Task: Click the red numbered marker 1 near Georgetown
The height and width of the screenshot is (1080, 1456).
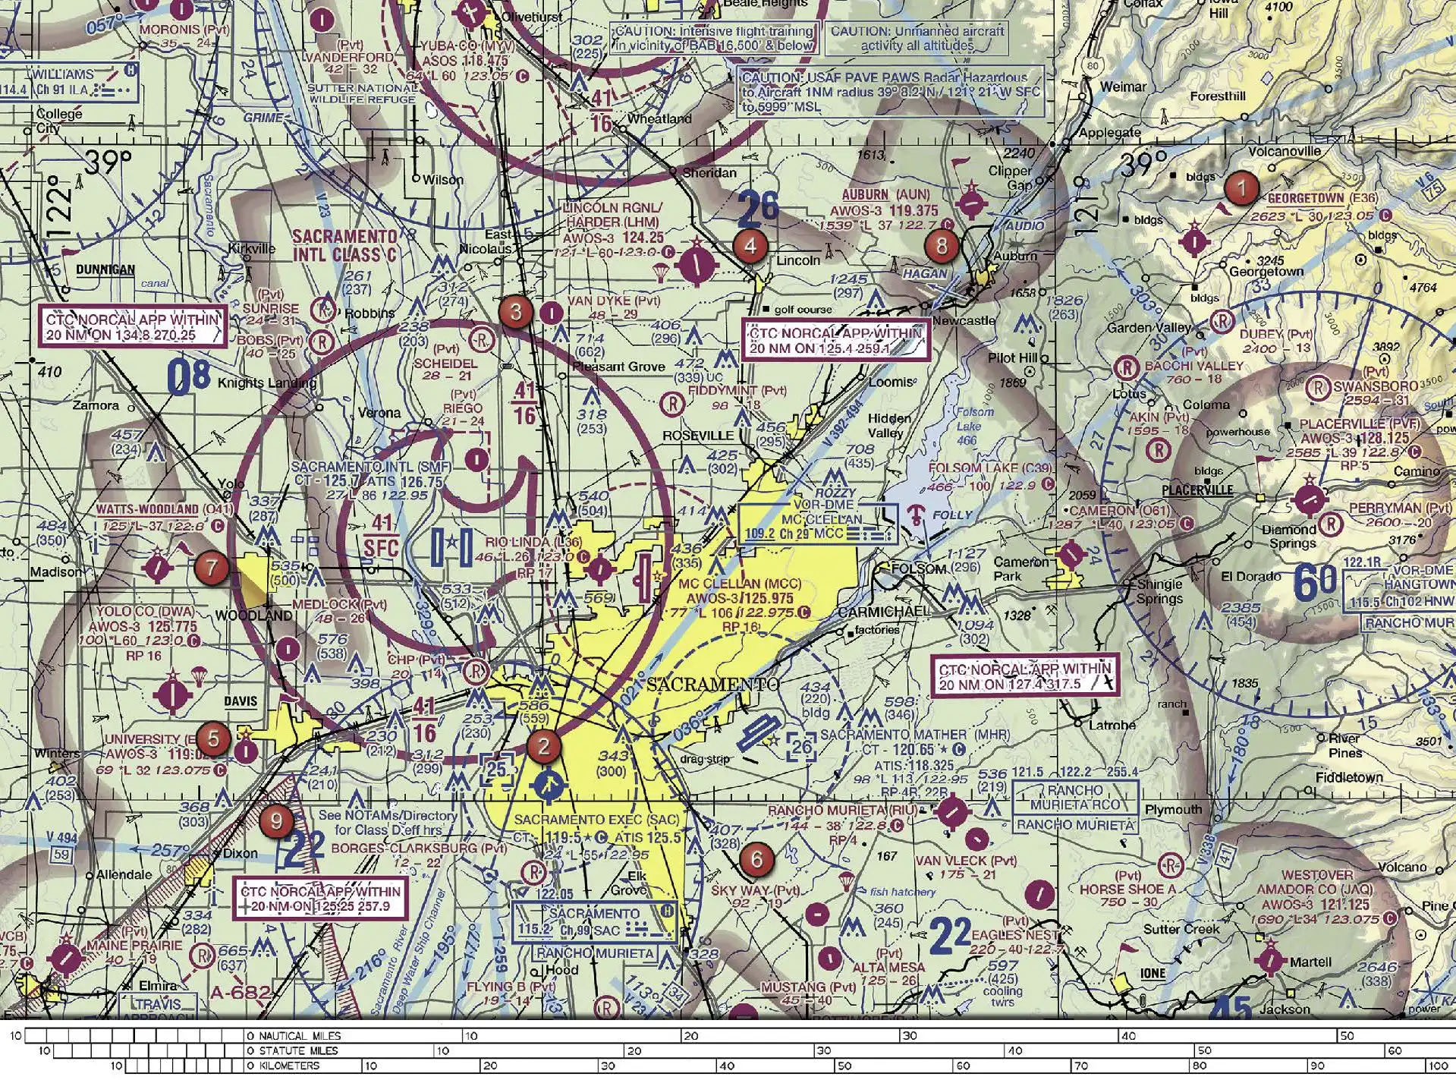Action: tap(1241, 187)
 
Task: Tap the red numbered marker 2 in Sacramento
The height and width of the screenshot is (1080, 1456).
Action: tap(543, 746)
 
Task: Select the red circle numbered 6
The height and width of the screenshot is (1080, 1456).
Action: tap(756, 859)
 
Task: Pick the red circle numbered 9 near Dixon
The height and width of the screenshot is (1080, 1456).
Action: tap(276, 820)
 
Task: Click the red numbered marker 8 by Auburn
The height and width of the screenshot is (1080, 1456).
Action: tap(942, 245)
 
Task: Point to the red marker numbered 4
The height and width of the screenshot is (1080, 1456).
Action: tap(750, 246)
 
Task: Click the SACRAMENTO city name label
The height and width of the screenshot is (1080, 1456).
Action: tap(712, 685)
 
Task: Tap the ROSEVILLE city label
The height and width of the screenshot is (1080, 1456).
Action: tap(698, 436)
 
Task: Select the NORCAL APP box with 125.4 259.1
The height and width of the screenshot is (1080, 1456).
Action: tap(835, 341)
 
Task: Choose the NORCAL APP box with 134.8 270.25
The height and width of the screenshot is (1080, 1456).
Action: tap(132, 327)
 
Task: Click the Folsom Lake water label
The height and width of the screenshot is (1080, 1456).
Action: tap(967, 426)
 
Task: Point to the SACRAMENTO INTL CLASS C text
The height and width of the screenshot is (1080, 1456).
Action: tap(344, 246)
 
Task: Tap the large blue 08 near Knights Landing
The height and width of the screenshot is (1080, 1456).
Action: tap(187, 378)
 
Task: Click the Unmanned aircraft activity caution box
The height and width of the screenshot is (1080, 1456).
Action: tap(917, 39)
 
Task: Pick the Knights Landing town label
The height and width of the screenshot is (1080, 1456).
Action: tap(266, 383)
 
